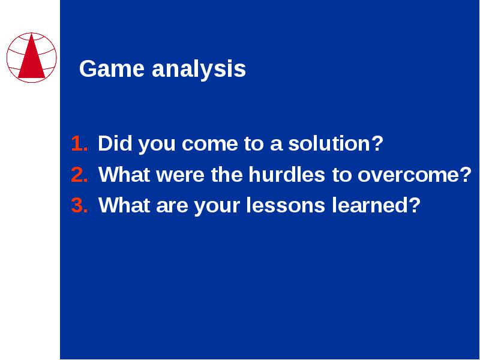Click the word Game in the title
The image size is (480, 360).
click(112, 68)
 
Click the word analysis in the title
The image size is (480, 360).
click(199, 70)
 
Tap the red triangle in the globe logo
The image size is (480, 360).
click(32, 56)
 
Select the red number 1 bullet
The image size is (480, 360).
click(79, 143)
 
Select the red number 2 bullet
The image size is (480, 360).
click(80, 175)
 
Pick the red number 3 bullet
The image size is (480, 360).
click(80, 205)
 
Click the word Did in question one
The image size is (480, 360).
click(115, 143)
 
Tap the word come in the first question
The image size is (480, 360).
click(209, 145)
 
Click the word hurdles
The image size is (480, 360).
click(287, 174)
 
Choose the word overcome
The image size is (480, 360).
click(415, 176)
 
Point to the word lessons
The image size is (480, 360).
click(286, 205)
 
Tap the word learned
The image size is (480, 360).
click(376, 205)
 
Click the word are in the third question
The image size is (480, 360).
click(172, 206)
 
